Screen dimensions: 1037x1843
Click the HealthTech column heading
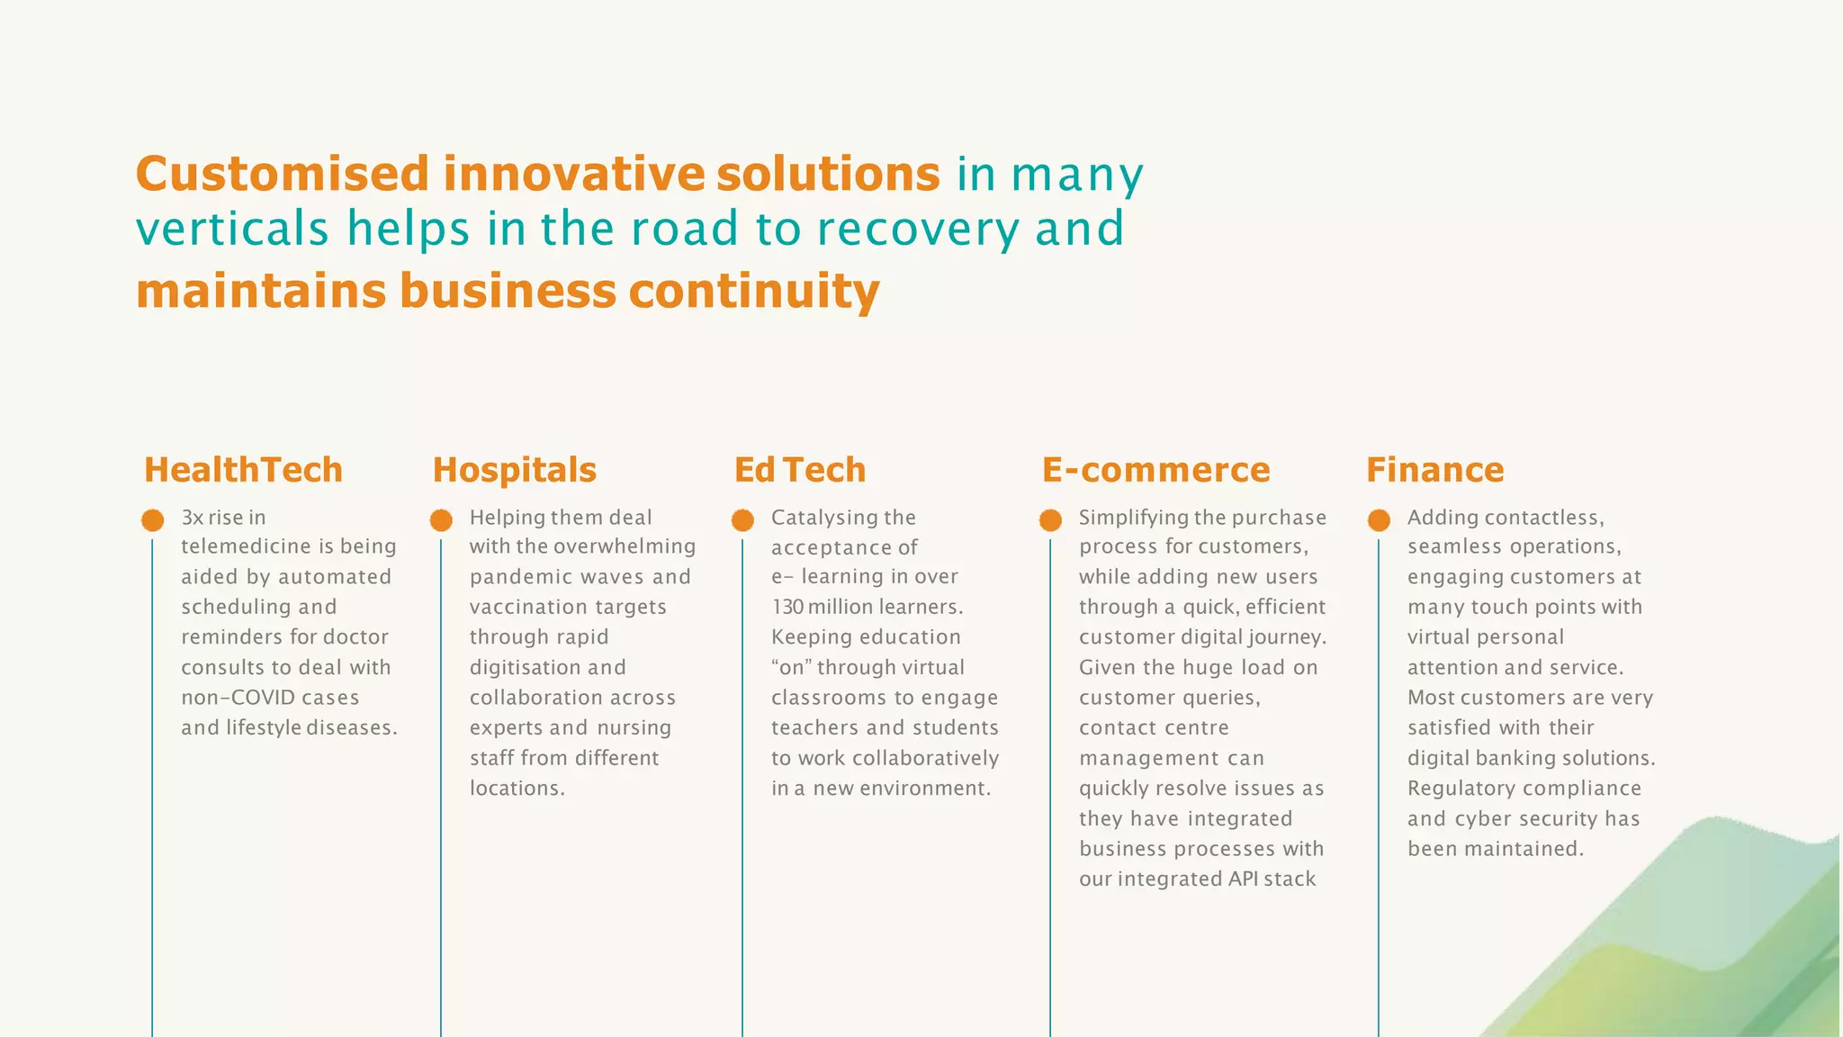(243, 470)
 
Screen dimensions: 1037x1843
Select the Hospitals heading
(514, 470)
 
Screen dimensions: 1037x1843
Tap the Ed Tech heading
(799, 470)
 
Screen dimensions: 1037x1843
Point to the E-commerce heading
(1155, 470)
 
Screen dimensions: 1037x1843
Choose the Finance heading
(1434, 470)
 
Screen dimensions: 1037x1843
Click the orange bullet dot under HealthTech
(153, 520)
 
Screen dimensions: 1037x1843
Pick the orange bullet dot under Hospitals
(441, 520)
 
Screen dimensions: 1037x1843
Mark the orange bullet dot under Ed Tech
(742, 520)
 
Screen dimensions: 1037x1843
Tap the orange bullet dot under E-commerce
(1050, 520)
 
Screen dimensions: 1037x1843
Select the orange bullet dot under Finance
(1379, 520)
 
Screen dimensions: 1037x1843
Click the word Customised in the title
(283, 174)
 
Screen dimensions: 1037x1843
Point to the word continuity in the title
(753, 292)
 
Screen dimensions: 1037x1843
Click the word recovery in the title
(918, 229)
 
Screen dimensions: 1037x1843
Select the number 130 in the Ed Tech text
(787, 608)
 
